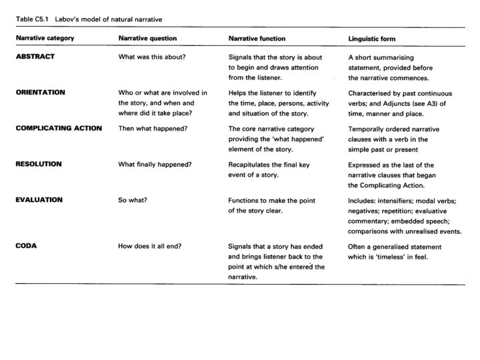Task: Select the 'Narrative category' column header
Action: [45, 39]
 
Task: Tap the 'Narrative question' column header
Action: [148, 39]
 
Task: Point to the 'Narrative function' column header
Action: [257, 39]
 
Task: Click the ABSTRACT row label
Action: [35, 57]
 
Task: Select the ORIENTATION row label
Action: [40, 92]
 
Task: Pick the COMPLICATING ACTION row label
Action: [59, 128]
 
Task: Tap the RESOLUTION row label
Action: [39, 164]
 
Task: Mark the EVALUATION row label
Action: [39, 199]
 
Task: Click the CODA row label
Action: [25, 246]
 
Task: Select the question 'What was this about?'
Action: [152, 57]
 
